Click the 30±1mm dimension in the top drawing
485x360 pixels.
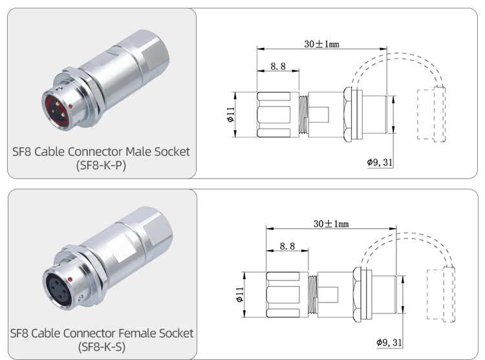tap(321, 44)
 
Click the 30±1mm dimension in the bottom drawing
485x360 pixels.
tap(331, 224)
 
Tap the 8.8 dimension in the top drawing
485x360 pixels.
tap(278, 66)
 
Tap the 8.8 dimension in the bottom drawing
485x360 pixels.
tap(287, 246)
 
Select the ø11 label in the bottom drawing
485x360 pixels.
tap(239, 294)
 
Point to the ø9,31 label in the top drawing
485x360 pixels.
tap(380, 162)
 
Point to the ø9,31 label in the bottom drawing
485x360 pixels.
tap(389, 342)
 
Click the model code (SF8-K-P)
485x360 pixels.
tap(102, 165)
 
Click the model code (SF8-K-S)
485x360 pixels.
tap(102, 347)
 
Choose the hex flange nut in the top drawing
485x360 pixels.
tap(349, 115)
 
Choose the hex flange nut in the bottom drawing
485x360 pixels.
tap(358, 294)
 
